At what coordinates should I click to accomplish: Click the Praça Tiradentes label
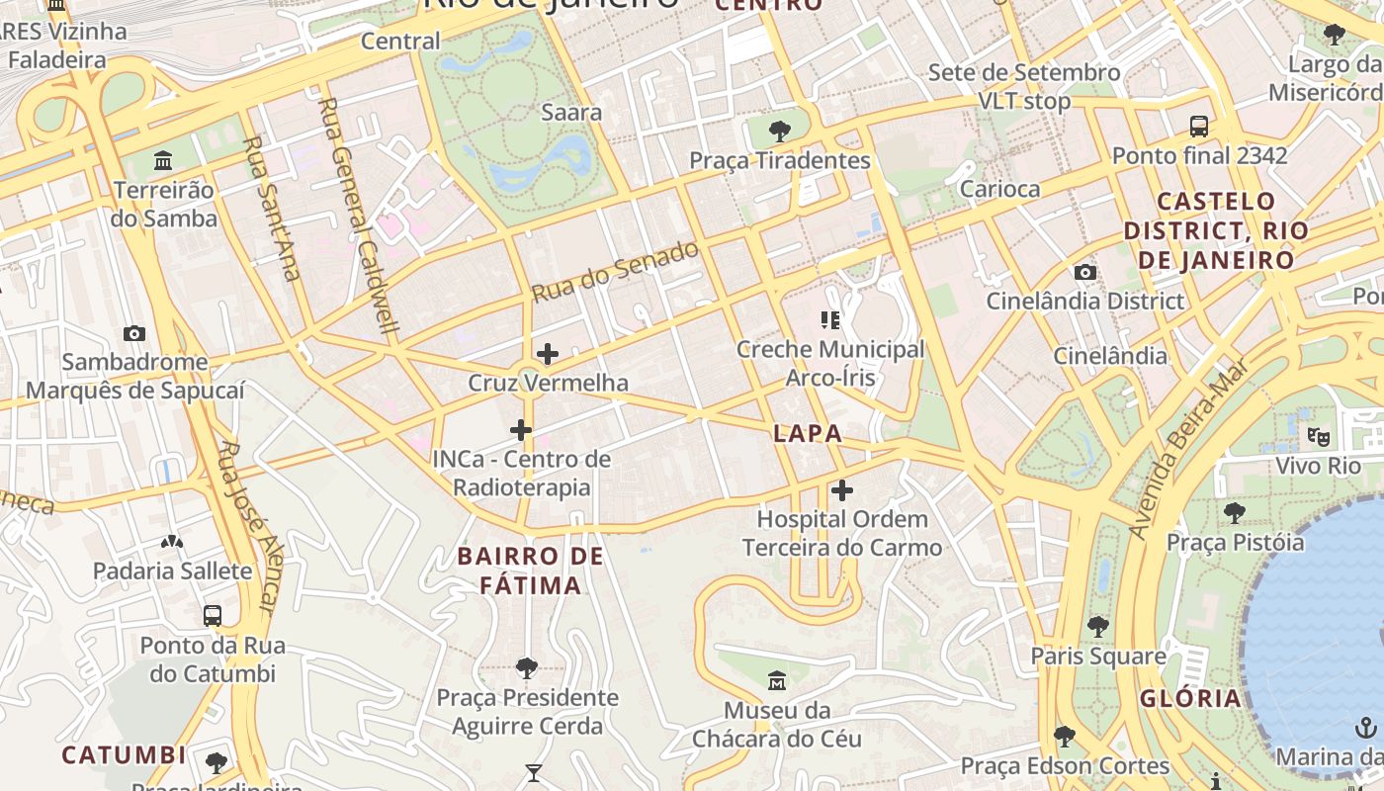[x=779, y=160]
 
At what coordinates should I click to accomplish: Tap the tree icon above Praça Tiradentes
[x=780, y=131]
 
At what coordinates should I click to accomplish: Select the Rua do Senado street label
[x=615, y=271]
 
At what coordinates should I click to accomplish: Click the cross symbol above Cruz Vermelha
[x=547, y=353]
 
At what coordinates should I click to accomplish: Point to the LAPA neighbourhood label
[x=808, y=433]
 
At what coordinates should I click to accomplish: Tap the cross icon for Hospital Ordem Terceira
[x=841, y=489]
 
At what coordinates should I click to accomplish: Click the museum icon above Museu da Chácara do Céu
[x=777, y=680]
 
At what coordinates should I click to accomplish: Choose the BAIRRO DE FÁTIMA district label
[x=531, y=571]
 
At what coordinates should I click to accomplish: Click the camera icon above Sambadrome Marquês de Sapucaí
[x=134, y=333]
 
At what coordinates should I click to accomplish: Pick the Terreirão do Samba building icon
[x=163, y=160]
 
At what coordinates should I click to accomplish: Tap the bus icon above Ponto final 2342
[x=1199, y=126]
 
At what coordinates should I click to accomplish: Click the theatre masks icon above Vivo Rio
[x=1318, y=436]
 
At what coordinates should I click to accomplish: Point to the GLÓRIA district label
[x=1190, y=699]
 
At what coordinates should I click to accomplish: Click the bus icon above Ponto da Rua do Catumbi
[x=212, y=615]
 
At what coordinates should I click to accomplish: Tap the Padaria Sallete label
[x=173, y=571]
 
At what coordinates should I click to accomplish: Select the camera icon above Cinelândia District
[x=1084, y=272]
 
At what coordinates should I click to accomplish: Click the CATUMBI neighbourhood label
[x=124, y=755]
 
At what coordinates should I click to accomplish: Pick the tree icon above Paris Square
[x=1097, y=626]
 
